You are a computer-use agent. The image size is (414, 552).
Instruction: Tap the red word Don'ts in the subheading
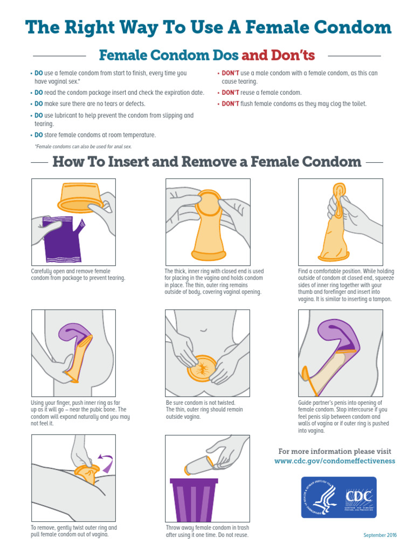293,56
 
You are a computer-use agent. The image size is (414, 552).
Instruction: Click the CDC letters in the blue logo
358,496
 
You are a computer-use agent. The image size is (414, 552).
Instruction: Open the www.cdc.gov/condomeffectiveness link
335,461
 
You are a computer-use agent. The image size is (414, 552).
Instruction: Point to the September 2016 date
380,535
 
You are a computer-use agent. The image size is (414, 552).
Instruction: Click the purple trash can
194,500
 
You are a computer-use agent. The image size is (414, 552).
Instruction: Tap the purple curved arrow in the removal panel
107,463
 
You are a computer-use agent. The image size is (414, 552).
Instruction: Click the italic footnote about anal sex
83,147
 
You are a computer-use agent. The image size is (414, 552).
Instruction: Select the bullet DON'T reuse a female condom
261,93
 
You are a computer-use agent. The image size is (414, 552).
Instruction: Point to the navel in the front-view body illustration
203,330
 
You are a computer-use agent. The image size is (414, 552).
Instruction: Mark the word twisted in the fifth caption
224,403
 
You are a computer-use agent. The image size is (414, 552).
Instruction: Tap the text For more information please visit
335,451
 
